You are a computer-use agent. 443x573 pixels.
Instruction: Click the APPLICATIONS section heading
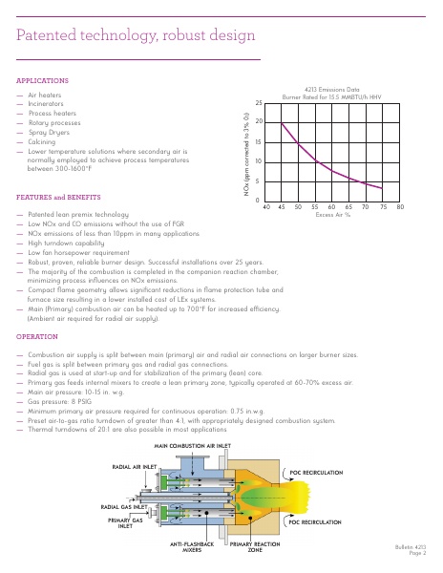tap(43, 80)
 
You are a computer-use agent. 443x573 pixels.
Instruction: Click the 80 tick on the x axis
tap(401, 206)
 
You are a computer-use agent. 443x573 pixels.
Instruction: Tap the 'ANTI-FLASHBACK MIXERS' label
tap(188, 546)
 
